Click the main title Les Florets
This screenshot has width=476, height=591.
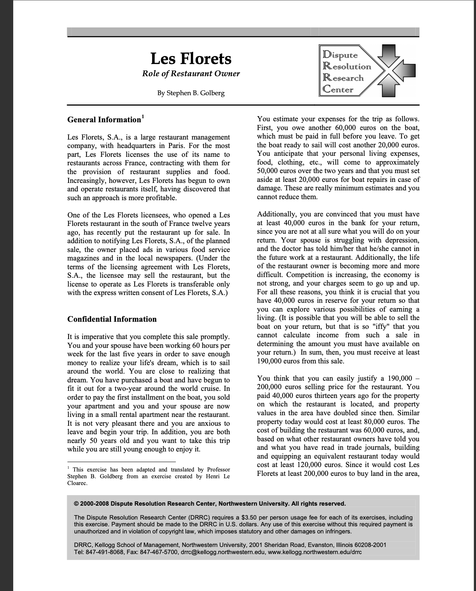click(x=191, y=59)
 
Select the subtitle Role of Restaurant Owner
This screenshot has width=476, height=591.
click(x=191, y=74)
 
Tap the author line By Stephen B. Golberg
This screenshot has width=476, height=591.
click(x=191, y=93)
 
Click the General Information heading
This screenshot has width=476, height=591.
click(x=104, y=120)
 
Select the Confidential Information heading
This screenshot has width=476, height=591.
click(x=112, y=319)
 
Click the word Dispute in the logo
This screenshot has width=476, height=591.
click(x=340, y=55)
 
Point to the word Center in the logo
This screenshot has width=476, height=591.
click(x=338, y=90)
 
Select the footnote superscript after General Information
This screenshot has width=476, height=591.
click(x=143, y=117)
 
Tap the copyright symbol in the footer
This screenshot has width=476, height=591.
click(x=76, y=504)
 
